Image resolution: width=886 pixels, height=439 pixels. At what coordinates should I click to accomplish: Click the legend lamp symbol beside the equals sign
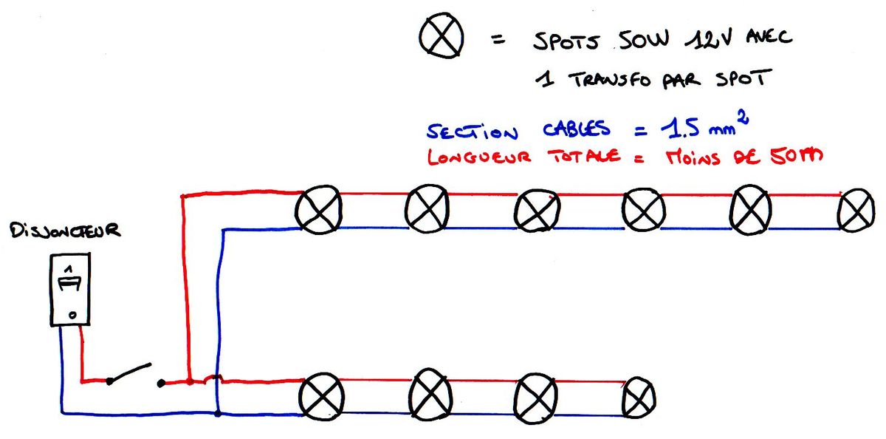tap(442, 38)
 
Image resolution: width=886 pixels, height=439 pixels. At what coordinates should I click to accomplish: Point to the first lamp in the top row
tap(318, 209)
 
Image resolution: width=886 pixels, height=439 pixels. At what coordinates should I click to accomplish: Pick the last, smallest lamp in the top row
tap(856, 211)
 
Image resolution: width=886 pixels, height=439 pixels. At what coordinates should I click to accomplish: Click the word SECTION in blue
tap(473, 132)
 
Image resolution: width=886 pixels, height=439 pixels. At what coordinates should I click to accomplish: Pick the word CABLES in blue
tap(577, 130)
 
